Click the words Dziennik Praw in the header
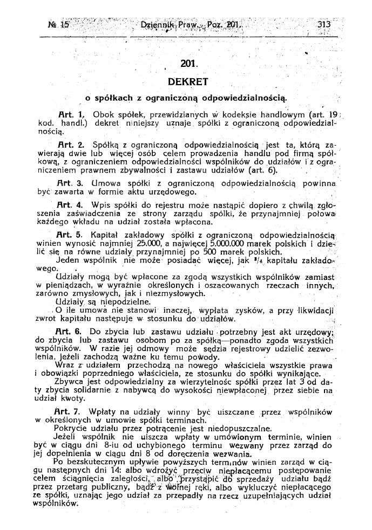point(161,24)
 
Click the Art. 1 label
point(71,115)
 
